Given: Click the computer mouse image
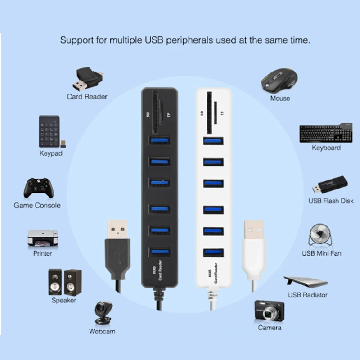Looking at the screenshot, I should (x=279, y=80).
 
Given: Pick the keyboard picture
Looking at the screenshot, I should (x=326, y=133).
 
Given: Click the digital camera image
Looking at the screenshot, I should (x=270, y=310).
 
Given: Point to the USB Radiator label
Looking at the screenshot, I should (x=307, y=295).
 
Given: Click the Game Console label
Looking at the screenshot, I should (x=37, y=205).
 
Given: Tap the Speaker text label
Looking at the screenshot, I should (x=64, y=300).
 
